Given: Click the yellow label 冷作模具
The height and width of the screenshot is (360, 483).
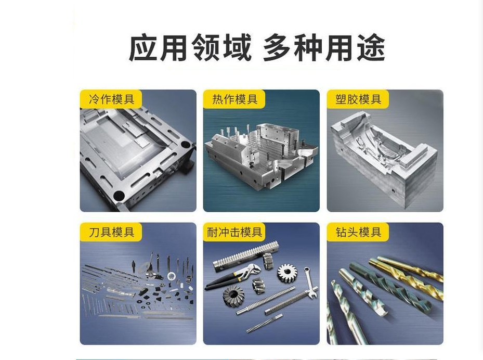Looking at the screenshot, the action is [111, 99].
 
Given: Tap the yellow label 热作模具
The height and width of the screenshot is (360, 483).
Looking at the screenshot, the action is [234, 99].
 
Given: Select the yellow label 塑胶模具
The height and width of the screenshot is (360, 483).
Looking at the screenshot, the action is [358, 99].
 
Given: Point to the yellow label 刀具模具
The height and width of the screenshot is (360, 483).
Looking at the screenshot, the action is [111, 232].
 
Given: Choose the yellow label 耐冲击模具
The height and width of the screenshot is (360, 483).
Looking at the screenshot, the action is [234, 232].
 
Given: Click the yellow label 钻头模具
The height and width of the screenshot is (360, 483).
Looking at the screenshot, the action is [358, 232].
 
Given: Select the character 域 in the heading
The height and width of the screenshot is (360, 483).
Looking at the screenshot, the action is [237, 48].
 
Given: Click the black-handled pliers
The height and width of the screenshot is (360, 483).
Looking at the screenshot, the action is [232, 276].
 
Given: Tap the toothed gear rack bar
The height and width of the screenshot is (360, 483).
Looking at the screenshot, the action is [246, 255].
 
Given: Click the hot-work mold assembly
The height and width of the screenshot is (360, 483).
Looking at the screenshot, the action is [261, 156].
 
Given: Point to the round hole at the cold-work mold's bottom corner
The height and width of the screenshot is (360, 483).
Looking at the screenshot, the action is [119, 196].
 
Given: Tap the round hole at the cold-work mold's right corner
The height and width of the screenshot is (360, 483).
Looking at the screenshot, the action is [186, 144].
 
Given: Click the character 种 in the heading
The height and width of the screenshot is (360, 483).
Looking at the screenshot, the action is [308, 48].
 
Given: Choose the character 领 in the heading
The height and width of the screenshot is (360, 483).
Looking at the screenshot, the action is [206, 48].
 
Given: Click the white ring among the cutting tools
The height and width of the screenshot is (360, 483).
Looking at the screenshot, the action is [172, 276].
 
